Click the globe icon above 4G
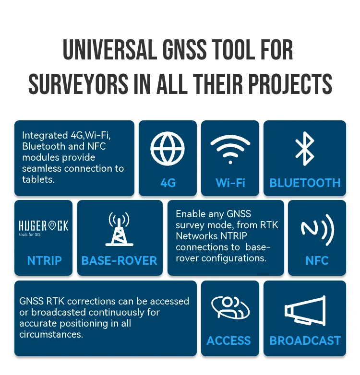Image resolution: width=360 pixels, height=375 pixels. pos(168,148)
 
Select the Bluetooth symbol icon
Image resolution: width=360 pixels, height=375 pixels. pos(305,148)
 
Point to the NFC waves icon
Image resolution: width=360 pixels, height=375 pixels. pos(317,229)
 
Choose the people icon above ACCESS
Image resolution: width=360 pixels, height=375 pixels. pos(229,308)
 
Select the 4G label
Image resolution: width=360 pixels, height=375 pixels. pos(168,183)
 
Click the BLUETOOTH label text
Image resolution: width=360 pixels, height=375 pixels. pos(305,183)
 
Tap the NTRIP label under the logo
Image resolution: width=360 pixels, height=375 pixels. pos(44,260)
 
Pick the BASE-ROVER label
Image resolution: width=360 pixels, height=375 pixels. pos(120,260)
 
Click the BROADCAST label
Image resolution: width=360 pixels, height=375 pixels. pos(305,340)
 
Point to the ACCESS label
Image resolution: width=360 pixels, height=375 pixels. pos(229,340)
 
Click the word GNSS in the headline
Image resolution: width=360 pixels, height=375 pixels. pos(181,50)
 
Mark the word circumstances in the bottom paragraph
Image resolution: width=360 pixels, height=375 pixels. pos(50,334)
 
